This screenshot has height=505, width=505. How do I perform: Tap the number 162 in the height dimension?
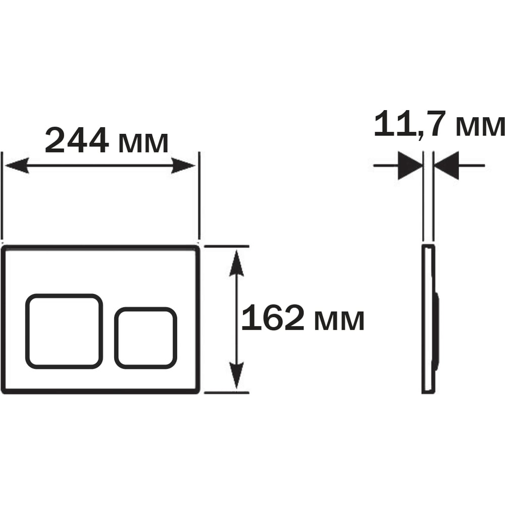[273, 318]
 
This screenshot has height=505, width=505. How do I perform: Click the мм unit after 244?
[143, 143]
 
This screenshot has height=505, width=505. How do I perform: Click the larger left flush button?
[64, 331]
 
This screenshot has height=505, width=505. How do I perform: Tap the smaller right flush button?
[145, 338]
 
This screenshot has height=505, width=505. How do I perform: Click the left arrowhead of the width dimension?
[17, 166]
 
